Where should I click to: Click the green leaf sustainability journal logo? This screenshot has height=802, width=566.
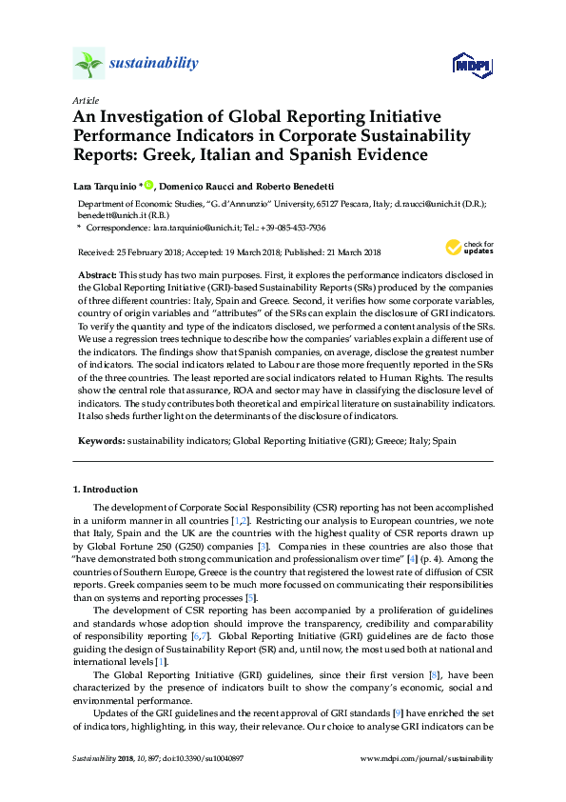[88, 65]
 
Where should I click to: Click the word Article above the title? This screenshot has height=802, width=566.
[85, 100]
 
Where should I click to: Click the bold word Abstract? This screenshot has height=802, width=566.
[98, 274]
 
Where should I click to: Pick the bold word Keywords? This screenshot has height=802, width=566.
[101, 442]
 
